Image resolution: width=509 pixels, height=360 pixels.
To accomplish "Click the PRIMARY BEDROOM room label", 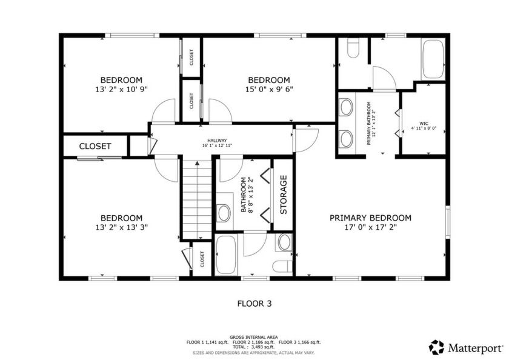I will [x=370, y=218].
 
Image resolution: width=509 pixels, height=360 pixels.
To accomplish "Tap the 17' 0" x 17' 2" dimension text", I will [x=370, y=228].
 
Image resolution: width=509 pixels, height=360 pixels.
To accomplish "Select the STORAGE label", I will [x=283, y=195].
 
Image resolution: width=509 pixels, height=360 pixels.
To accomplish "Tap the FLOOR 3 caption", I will [x=254, y=304].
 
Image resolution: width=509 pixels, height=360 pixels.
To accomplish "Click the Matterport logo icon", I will [x=436, y=347].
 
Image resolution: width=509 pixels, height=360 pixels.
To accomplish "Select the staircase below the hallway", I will [x=196, y=199].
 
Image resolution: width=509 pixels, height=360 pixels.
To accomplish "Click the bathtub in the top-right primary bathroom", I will [x=433, y=59].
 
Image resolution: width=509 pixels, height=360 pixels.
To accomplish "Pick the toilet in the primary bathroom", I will [x=353, y=49].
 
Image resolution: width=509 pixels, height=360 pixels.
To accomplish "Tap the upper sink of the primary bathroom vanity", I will [x=347, y=108].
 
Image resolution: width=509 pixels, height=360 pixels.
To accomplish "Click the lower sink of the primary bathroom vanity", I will [x=347, y=138].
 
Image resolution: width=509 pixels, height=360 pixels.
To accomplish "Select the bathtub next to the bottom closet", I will [x=226, y=255].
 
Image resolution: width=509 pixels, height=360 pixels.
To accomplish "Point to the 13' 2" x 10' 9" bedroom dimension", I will [x=121, y=89].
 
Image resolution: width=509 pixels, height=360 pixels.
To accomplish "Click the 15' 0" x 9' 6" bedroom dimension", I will [x=268, y=89].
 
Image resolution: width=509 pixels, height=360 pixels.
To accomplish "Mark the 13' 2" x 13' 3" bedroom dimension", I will [x=121, y=227].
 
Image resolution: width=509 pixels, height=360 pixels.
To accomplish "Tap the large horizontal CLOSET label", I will [x=95, y=146].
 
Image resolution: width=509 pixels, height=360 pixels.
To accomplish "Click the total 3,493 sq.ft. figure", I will [x=254, y=347].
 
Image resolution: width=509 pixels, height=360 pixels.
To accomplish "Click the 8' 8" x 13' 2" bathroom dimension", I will [x=252, y=195].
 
